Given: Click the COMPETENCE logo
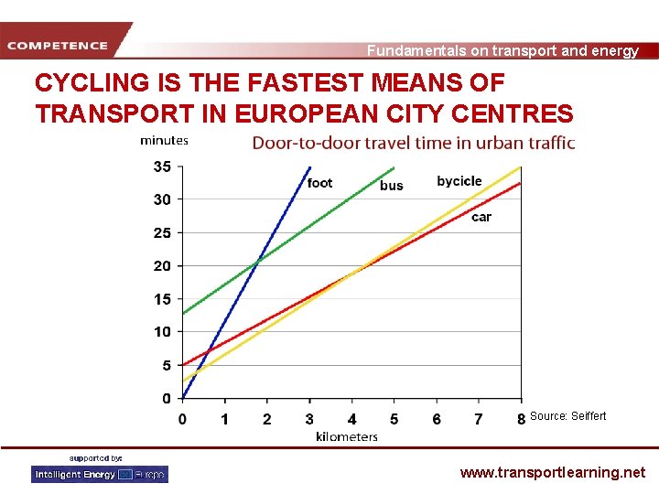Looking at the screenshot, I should point(59,45).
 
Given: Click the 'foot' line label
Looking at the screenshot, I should point(320,183).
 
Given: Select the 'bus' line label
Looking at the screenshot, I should point(392,186).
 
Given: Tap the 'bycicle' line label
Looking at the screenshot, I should point(459,181).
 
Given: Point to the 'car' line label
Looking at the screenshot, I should point(481,217).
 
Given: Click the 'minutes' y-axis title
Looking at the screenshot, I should point(164,141).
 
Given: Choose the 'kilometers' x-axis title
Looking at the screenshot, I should point(347,436).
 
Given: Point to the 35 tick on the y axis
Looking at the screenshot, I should point(162,166).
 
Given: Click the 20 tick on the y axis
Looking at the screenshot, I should point(162,266).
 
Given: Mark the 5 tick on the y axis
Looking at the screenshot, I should point(166,365).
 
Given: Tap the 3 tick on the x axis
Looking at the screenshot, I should point(309,419).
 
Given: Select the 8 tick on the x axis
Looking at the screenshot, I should point(521,419).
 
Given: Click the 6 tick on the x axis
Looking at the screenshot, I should point(437,419).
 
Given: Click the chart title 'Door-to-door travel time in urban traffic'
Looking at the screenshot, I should point(414,143).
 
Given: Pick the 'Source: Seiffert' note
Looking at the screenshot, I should point(567,416).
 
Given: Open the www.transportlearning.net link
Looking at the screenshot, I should point(552,473).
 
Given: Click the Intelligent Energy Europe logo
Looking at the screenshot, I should point(100,474).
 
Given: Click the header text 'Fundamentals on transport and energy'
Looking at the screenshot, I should point(502,51).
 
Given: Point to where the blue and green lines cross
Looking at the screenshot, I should point(258,259).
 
